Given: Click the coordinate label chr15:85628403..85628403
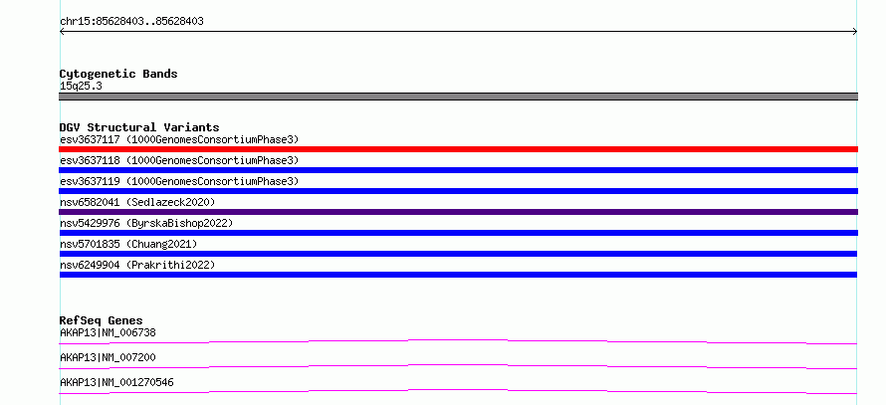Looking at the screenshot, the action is point(131,22).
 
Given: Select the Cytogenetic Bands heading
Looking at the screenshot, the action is point(118,74).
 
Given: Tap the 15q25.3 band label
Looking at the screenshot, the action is point(81,87).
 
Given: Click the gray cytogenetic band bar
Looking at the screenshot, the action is point(458,97).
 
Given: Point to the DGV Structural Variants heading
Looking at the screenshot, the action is point(139,127).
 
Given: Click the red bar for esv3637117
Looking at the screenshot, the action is point(458,149).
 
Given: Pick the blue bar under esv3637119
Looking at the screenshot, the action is point(458,191).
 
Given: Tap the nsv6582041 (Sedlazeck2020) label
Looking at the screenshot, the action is point(137,202).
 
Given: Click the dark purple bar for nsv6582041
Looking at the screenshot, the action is point(458,212).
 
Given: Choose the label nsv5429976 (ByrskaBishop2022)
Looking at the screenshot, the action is point(146,223).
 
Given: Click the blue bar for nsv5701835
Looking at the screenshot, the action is point(458,254).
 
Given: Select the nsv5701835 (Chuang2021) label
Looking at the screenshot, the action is point(128,244).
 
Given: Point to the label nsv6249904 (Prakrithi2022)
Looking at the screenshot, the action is point(137,265).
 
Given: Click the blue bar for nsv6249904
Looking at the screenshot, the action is point(458,275).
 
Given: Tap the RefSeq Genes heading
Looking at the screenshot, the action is point(102,320).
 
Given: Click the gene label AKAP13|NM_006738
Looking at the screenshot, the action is point(108,333).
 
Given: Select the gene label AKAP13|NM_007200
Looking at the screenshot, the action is point(108,358).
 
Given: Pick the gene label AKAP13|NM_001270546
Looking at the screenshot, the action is point(116,383).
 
